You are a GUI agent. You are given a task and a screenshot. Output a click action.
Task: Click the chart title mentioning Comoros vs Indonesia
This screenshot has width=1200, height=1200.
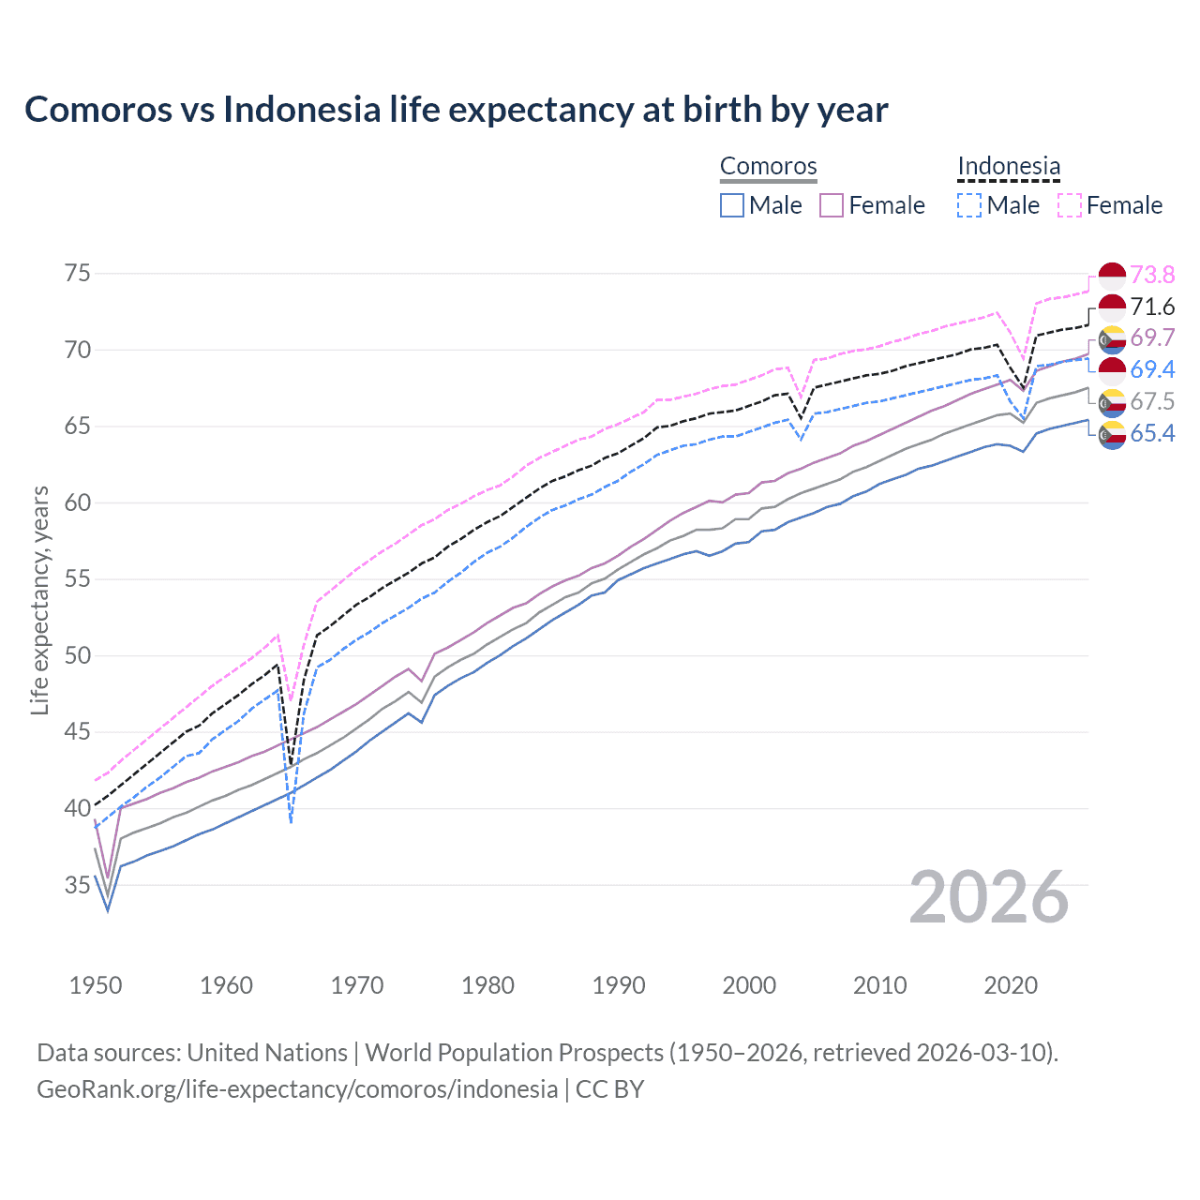[x=456, y=110]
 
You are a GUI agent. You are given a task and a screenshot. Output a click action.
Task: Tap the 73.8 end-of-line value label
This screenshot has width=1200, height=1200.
[x=1152, y=275]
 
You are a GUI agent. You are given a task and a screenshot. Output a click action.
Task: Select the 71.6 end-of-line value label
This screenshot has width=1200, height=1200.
[x=1152, y=307]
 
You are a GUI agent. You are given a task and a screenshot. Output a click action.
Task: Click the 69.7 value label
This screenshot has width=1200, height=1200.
[x=1152, y=337]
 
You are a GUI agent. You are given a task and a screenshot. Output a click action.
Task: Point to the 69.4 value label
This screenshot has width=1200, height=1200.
[x=1152, y=369]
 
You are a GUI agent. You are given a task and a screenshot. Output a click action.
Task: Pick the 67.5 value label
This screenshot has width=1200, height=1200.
[x=1152, y=401]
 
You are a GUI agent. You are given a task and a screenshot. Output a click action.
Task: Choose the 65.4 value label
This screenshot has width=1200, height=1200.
[x=1152, y=433]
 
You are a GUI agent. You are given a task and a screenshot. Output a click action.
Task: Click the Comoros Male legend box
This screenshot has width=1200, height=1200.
[x=732, y=205]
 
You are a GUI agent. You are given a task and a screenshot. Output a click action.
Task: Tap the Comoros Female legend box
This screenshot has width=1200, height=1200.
[x=832, y=205]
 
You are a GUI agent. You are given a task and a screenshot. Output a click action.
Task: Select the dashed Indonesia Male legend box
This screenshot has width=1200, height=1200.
[x=969, y=205]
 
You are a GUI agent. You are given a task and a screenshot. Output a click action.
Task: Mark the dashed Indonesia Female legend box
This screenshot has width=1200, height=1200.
[x=1070, y=205]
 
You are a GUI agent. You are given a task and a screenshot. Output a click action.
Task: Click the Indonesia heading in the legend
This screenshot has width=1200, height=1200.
[x=1009, y=167]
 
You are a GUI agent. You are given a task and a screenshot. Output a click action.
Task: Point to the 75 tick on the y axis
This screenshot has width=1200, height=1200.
[x=78, y=274]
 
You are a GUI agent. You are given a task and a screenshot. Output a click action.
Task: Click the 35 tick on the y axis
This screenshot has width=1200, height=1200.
[x=78, y=885]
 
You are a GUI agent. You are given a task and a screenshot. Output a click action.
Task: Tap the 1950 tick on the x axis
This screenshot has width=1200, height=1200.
[x=96, y=985]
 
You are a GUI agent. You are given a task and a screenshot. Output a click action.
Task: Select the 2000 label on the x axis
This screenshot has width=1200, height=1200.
[x=749, y=985]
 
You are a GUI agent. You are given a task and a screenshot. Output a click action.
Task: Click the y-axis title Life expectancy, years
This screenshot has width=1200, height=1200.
[x=39, y=600]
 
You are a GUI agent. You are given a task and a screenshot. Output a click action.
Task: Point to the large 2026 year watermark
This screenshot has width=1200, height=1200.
[x=989, y=897]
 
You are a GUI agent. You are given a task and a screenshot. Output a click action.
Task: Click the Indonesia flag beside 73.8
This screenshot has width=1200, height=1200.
[x=1112, y=275]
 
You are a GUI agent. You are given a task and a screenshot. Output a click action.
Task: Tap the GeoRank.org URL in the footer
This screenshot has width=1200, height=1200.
[x=297, y=1089]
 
